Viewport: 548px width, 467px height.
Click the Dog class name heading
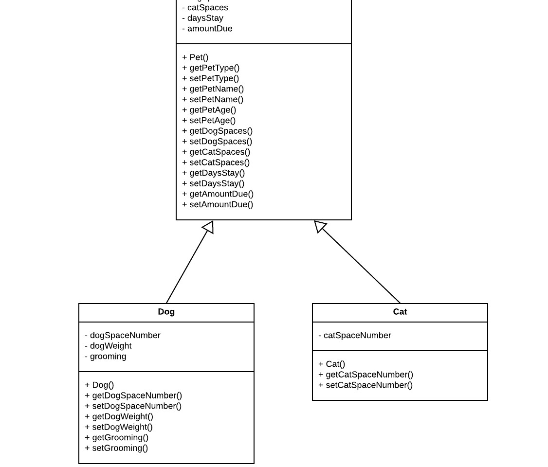coord(166,312)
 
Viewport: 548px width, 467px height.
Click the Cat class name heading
coord(400,312)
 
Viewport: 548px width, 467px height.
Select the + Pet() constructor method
coord(195,57)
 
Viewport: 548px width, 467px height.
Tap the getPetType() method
coord(211,68)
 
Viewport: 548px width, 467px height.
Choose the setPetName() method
coord(213,100)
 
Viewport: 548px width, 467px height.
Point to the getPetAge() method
coord(209,110)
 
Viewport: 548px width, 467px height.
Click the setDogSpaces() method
coord(217,142)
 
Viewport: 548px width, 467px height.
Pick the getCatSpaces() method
coord(216,152)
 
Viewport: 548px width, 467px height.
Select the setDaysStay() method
coord(213,183)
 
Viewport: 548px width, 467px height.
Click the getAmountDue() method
coord(218,194)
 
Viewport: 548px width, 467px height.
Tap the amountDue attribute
coord(207,29)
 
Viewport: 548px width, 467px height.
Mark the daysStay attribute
coord(203,18)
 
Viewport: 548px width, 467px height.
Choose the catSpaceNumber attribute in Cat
coord(355,336)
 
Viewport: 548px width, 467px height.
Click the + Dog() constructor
coord(99,385)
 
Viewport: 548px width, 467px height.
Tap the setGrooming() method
coord(116,448)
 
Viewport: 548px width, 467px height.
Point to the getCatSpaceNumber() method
coord(365,375)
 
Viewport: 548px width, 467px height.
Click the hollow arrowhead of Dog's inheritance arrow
coord(209,227)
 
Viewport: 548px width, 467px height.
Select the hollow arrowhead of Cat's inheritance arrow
coord(320,226)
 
